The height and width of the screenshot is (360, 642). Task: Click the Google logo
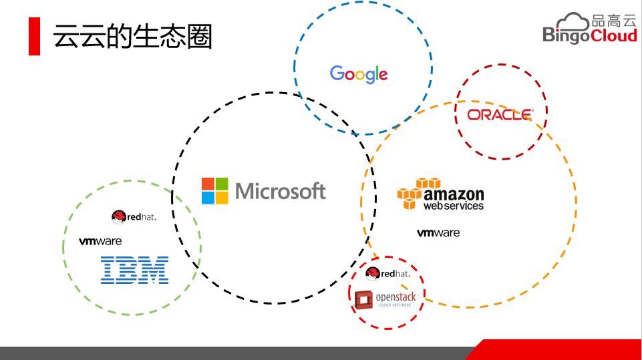tap(359, 74)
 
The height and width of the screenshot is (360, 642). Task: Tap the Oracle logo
tap(500, 115)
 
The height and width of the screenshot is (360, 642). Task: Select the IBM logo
tap(134, 270)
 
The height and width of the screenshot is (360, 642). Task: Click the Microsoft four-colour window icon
tap(215, 191)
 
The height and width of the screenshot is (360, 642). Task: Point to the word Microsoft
tap(281, 192)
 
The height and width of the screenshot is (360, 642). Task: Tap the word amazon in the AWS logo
tap(454, 194)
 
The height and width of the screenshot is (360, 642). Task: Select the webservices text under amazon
tap(453, 206)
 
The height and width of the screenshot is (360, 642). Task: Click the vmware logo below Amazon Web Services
tap(438, 233)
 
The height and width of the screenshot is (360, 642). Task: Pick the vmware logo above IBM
tap(100, 241)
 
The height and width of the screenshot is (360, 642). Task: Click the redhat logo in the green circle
tap(134, 216)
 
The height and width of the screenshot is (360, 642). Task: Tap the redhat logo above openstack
tap(387, 273)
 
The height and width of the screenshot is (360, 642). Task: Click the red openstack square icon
tap(364, 300)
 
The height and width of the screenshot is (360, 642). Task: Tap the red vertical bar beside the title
tap(34, 37)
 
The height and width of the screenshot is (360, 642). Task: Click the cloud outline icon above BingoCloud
tap(574, 21)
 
